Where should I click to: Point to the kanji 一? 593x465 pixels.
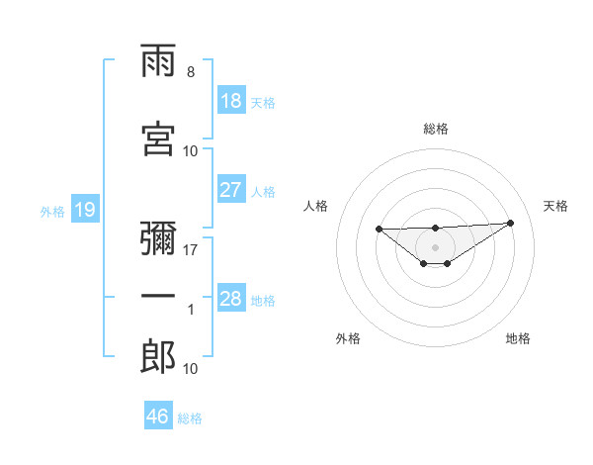159,296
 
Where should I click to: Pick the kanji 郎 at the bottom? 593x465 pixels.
159,356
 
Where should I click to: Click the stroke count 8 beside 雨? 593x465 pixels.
190,72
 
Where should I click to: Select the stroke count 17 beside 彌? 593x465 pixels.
191,249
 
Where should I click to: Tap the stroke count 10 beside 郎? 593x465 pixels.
191,368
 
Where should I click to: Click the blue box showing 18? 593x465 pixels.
230,101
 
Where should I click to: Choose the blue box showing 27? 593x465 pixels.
230,190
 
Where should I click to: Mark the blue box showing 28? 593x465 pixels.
230,299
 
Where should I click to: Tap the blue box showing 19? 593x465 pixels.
84,210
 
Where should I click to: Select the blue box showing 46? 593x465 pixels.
157,417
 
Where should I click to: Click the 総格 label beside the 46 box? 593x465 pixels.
191,418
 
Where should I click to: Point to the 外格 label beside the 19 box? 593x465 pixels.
52,211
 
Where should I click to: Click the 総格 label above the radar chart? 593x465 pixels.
436,129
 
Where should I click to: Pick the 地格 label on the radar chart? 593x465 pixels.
518,339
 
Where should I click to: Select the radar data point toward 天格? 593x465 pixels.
510,223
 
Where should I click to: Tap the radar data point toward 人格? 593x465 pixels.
379,230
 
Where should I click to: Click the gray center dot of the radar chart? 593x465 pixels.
435,246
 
